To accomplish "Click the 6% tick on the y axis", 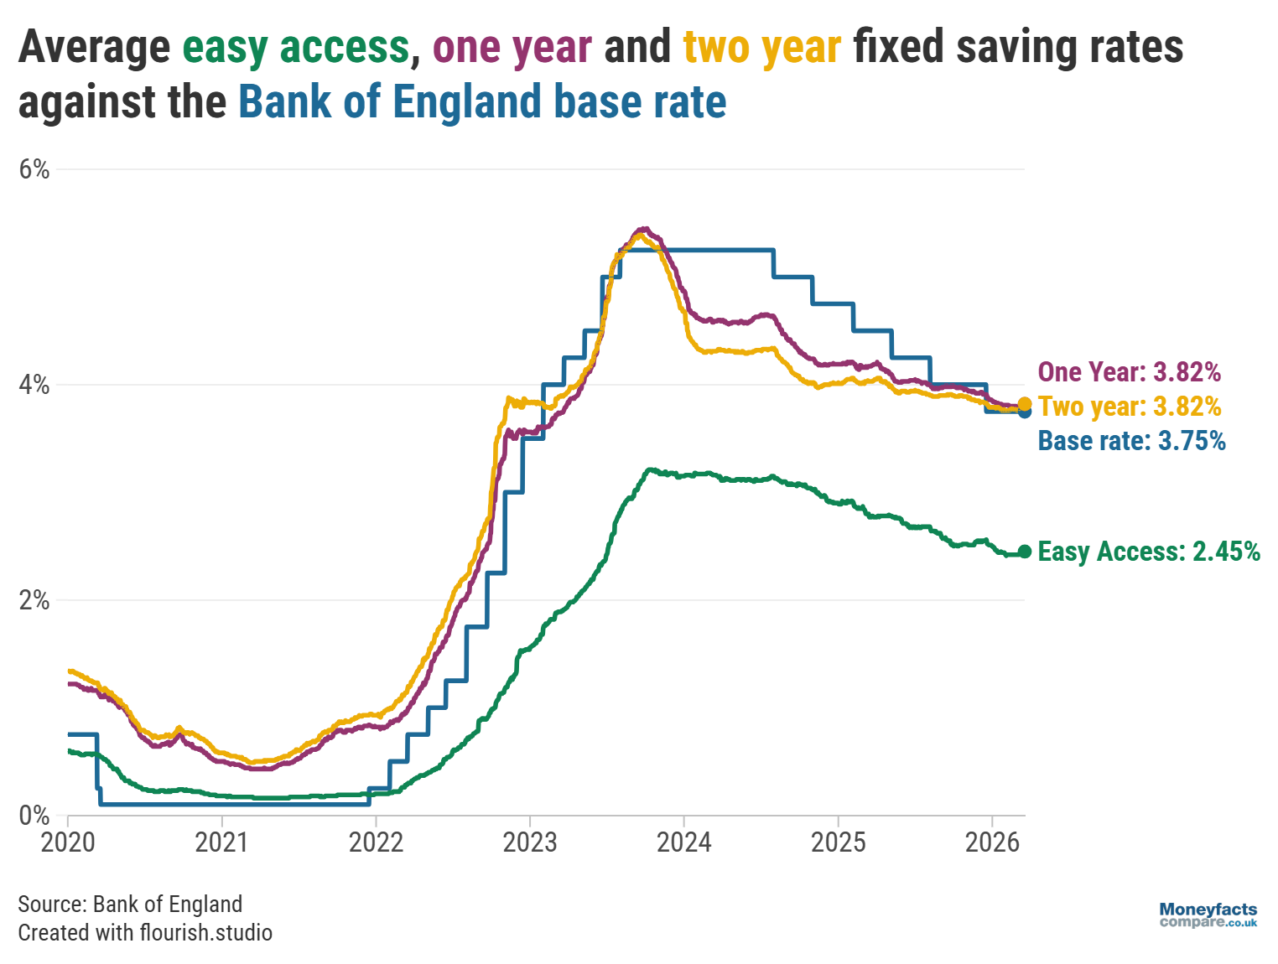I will (34, 170).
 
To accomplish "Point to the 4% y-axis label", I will (34, 386).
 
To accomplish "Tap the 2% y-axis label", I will (34, 601).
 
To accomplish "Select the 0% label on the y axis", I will (34, 816).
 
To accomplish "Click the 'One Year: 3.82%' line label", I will (1129, 372).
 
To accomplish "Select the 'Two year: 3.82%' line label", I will (1129, 407).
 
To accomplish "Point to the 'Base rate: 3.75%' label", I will (1131, 441).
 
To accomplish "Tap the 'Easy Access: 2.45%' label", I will (1148, 552).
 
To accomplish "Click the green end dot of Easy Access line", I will (1024, 552).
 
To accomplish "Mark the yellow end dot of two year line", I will (1024, 404).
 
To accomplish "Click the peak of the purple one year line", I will (643, 229).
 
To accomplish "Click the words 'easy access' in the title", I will (295, 47).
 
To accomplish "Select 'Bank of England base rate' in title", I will (482, 102).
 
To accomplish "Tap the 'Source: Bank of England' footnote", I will (130, 904).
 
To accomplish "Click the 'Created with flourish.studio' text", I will (145, 933).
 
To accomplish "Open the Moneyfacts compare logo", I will (1208, 915).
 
